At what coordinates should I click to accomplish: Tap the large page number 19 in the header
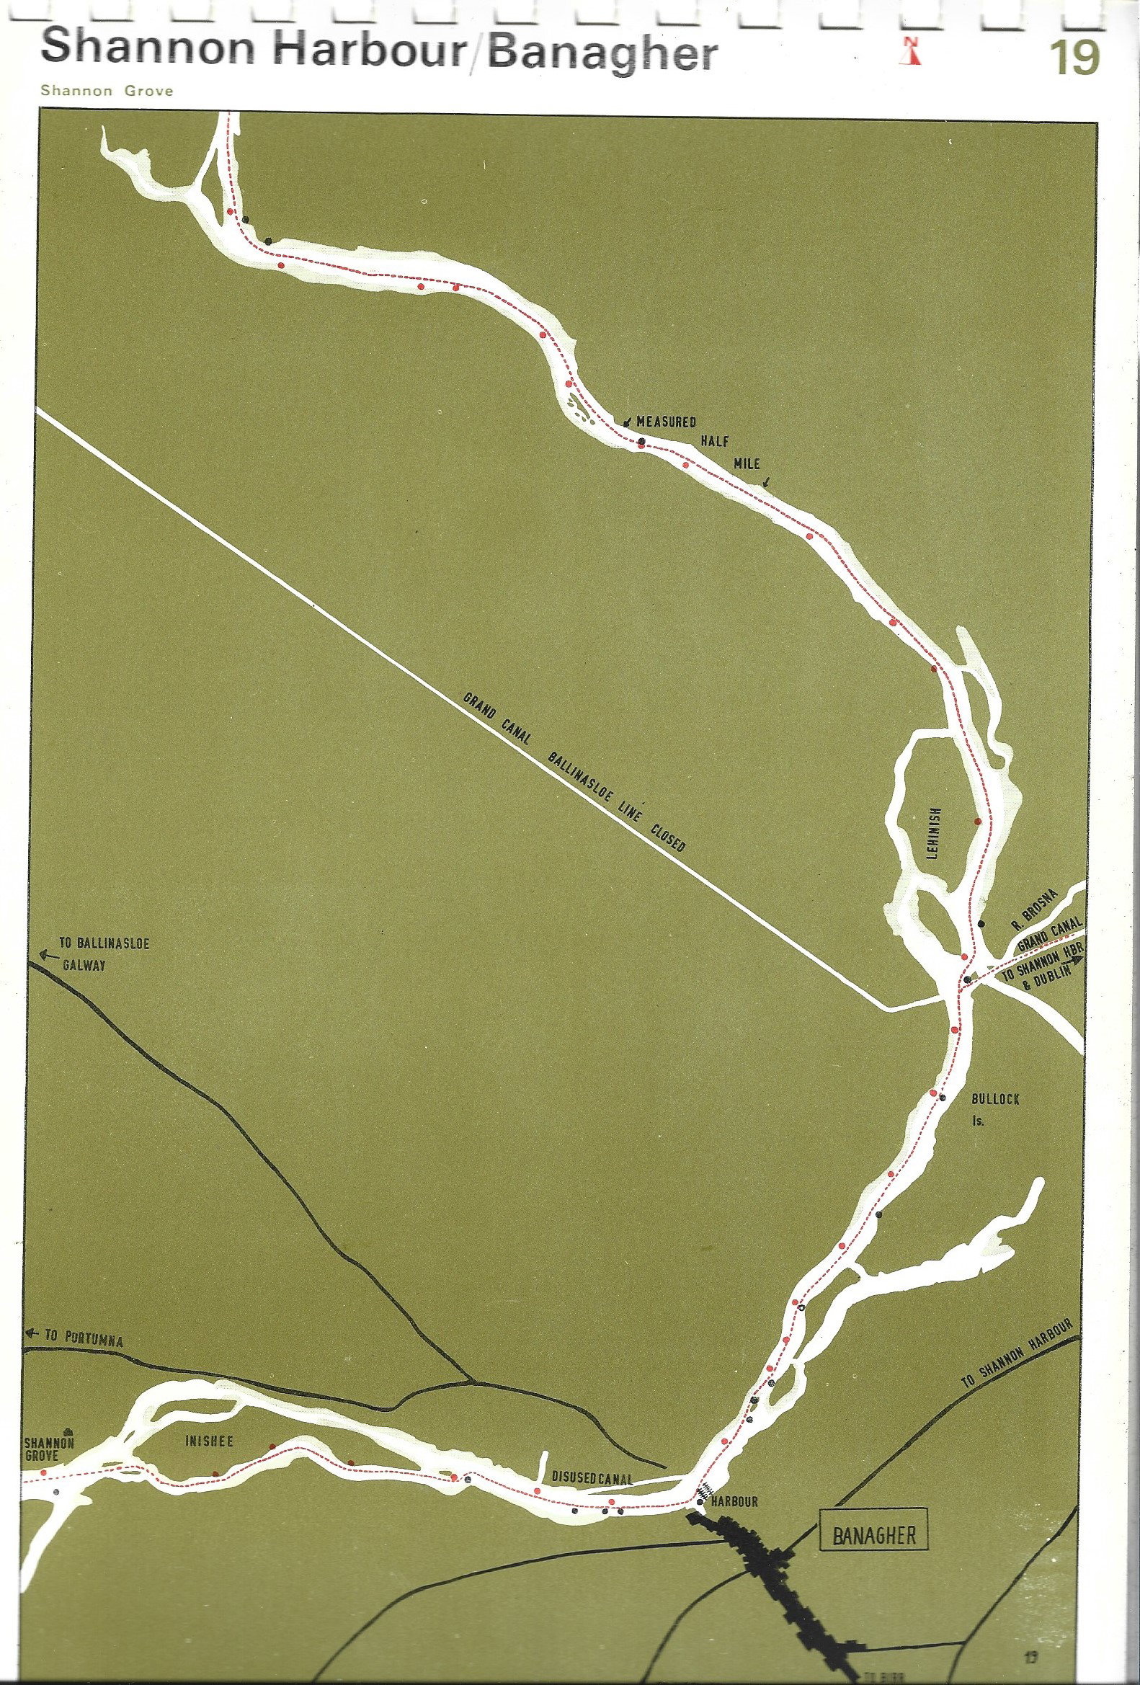point(1076,58)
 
